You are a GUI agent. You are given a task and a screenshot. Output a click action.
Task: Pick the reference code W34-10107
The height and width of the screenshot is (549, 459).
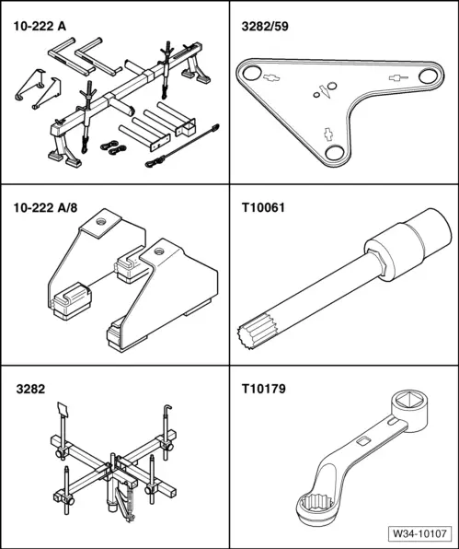click(418, 533)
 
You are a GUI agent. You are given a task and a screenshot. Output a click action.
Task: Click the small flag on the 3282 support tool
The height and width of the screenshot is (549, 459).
click(63, 409)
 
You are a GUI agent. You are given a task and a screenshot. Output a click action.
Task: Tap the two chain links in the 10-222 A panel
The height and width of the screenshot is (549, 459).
click(111, 147)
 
